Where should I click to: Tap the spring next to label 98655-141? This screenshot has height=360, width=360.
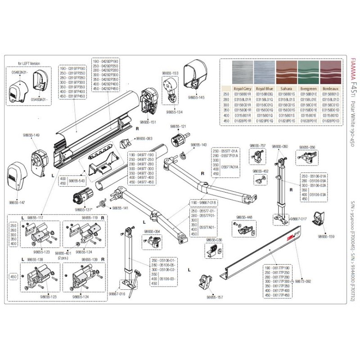[x=105, y=203]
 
